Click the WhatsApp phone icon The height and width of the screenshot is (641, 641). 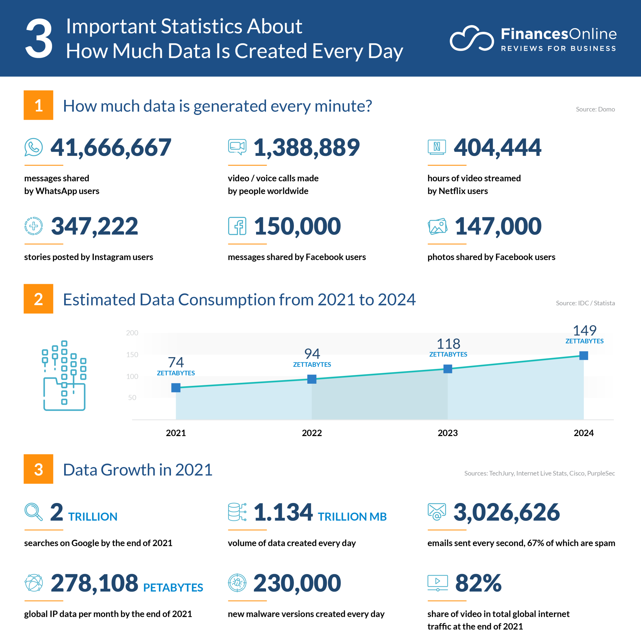(33, 147)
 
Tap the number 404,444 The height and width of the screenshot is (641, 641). (497, 148)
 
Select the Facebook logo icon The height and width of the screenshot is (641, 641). (237, 226)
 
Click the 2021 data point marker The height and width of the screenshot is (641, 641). (176, 387)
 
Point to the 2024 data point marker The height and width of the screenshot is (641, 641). (584, 356)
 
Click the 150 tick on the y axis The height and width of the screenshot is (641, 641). (132, 355)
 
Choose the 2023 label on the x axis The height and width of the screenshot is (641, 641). (448, 433)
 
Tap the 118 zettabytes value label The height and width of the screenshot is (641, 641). (448, 347)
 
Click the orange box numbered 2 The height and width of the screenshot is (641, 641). (38, 299)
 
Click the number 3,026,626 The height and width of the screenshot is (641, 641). (506, 512)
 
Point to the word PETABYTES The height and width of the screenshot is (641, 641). (173, 587)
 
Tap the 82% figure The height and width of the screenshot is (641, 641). (478, 583)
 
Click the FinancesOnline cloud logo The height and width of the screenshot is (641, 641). (471, 38)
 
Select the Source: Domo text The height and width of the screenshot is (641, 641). (595, 109)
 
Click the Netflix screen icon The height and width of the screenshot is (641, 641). (437, 147)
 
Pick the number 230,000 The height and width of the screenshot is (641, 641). (297, 583)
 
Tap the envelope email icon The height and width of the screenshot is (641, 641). (437, 512)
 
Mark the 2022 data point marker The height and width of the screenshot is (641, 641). (312, 379)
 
